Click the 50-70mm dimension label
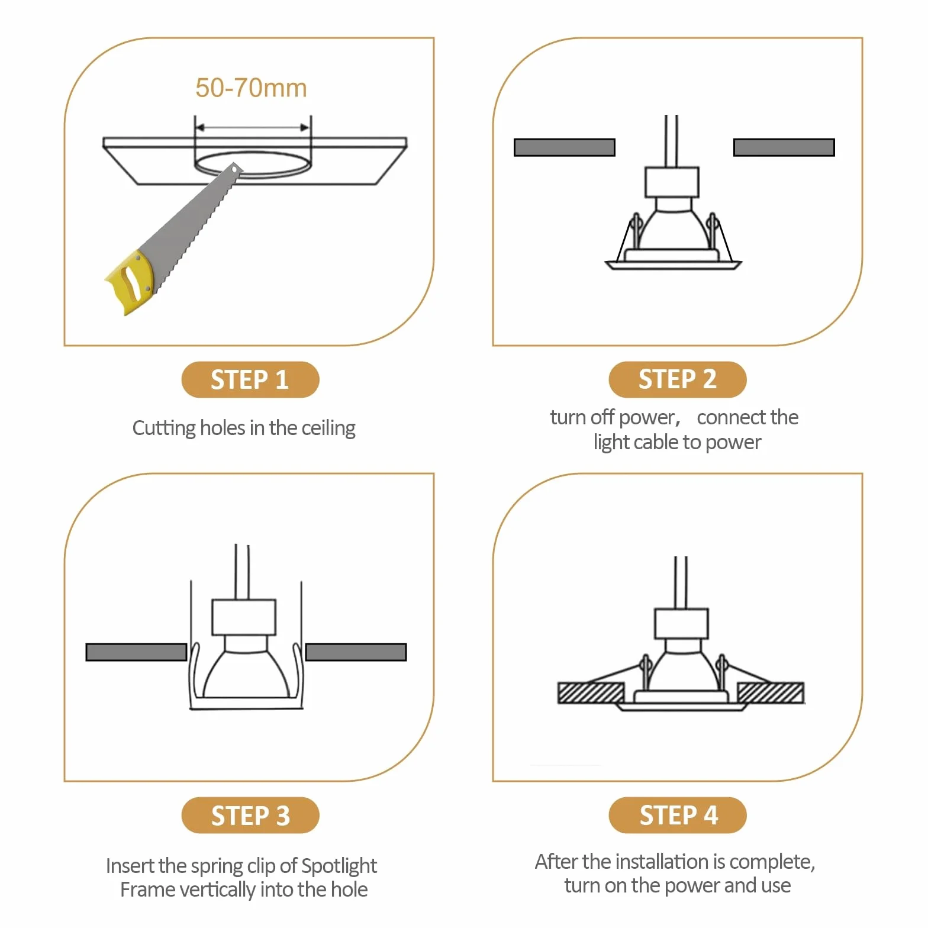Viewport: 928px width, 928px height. coord(251,88)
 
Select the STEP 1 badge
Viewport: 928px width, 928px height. coord(250,379)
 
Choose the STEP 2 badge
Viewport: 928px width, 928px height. coord(678,379)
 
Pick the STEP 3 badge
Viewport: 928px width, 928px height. coord(250,816)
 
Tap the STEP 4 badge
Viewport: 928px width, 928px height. coord(678,816)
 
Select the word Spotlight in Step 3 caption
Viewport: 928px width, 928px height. coord(339,866)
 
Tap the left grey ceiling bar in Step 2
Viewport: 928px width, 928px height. coord(565,147)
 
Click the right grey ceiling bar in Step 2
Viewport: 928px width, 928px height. coord(784,147)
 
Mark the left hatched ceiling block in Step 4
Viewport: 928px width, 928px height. coord(591,693)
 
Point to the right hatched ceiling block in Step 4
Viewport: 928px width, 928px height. coord(771,693)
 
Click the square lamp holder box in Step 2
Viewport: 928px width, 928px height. coord(672,182)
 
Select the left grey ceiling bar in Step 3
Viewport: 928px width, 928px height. coord(136,652)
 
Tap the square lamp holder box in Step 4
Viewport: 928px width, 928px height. coord(681,624)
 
